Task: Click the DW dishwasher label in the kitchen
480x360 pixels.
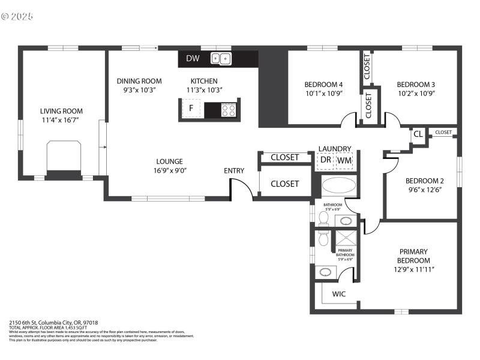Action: coord(193,58)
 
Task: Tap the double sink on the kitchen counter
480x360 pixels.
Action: coord(221,58)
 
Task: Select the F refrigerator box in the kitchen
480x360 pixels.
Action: coord(191,108)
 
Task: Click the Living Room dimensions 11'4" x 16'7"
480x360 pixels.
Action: coord(61,121)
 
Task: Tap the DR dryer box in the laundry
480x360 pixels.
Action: coord(325,160)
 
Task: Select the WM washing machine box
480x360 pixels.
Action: coord(344,160)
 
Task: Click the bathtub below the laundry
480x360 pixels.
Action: coord(339,185)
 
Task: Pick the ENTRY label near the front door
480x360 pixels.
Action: coord(234,170)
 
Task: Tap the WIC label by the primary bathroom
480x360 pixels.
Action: coord(339,294)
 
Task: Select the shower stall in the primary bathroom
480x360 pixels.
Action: coord(346,238)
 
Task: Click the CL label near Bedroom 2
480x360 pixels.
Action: coord(418,134)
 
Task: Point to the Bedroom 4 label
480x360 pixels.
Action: coord(323,84)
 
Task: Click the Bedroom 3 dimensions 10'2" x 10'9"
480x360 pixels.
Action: coord(416,93)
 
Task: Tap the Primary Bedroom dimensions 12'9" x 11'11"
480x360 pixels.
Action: coord(414,269)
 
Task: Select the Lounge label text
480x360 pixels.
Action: coord(170,161)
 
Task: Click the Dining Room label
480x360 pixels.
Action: coord(139,81)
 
